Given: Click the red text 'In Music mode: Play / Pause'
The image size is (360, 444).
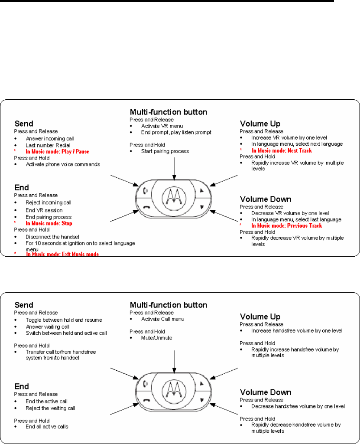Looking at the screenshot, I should click(x=57, y=152).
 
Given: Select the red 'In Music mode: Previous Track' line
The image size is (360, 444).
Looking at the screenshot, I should click(x=286, y=225).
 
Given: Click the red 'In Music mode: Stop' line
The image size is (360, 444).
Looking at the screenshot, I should click(x=49, y=223).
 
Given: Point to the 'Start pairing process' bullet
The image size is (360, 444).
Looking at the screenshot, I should click(x=165, y=151).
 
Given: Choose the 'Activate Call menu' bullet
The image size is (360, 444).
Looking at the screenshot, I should click(x=162, y=319).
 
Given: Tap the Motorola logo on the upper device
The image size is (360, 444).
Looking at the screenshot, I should click(x=173, y=197).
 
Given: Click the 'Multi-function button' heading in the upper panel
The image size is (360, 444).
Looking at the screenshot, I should click(x=168, y=112).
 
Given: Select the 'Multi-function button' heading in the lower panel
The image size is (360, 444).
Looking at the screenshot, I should click(x=168, y=305).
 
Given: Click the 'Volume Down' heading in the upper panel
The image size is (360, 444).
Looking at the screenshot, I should click(x=266, y=199).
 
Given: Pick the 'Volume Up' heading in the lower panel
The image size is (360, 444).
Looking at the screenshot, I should click(x=260, y=317).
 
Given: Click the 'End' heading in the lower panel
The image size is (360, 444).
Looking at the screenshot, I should click(x=22, y=386).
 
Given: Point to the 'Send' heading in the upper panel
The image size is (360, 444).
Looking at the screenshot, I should click(x=24, y=123).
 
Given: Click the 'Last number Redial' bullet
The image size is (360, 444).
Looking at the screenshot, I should click(x=48, y=145).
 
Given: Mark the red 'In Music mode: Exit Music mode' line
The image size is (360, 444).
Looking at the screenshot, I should click(x=62, y=254).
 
